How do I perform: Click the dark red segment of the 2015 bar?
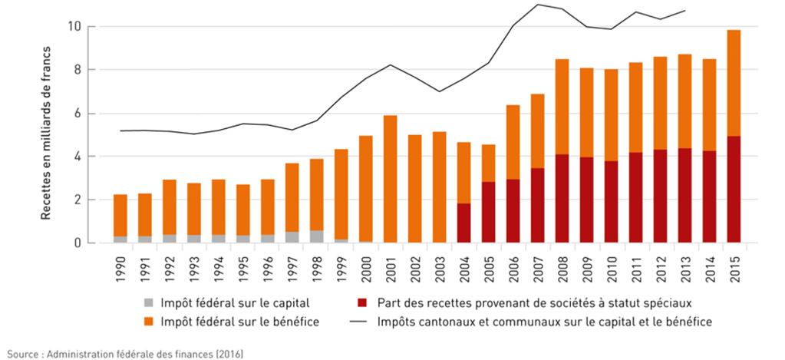tap(733, 190)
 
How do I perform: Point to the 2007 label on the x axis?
tap(539, 264)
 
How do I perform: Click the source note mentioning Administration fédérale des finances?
tap(122, 353)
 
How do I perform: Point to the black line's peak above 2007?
tap(537, 5)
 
